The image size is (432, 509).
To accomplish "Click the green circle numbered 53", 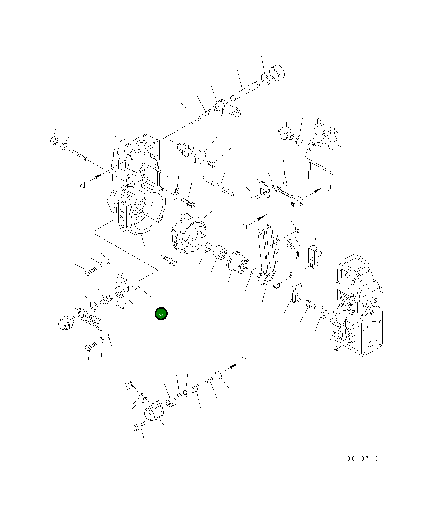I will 161,314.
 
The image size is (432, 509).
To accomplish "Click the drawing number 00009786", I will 360,458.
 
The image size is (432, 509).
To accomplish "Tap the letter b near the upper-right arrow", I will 328,186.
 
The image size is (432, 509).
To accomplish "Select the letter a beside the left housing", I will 83,184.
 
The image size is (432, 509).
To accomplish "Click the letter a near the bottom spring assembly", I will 244,360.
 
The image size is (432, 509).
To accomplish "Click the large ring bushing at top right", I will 277,73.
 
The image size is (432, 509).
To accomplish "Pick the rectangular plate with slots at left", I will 91,319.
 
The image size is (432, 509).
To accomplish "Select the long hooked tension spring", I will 219,186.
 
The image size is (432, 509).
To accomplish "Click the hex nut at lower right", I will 323,313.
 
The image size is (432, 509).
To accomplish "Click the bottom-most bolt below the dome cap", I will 139,426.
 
